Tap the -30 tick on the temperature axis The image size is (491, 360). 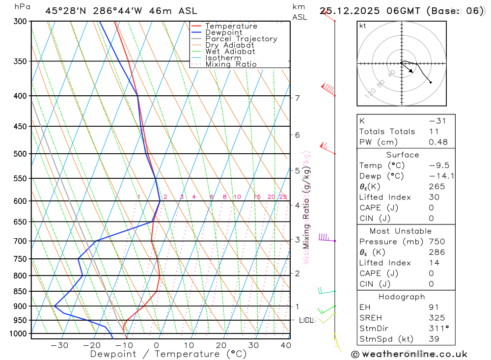click(59, 345)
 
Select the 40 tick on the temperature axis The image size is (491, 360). click(286, 345)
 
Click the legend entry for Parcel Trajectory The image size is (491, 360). click(241, 39)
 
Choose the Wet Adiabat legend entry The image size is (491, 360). click(230, 52)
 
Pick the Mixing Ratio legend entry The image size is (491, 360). click(231, 64)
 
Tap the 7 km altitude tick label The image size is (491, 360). click(298, 98)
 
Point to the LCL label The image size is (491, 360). click(306, 320)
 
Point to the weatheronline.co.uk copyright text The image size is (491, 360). click(409, 354)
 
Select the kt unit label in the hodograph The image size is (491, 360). click(363, 26)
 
